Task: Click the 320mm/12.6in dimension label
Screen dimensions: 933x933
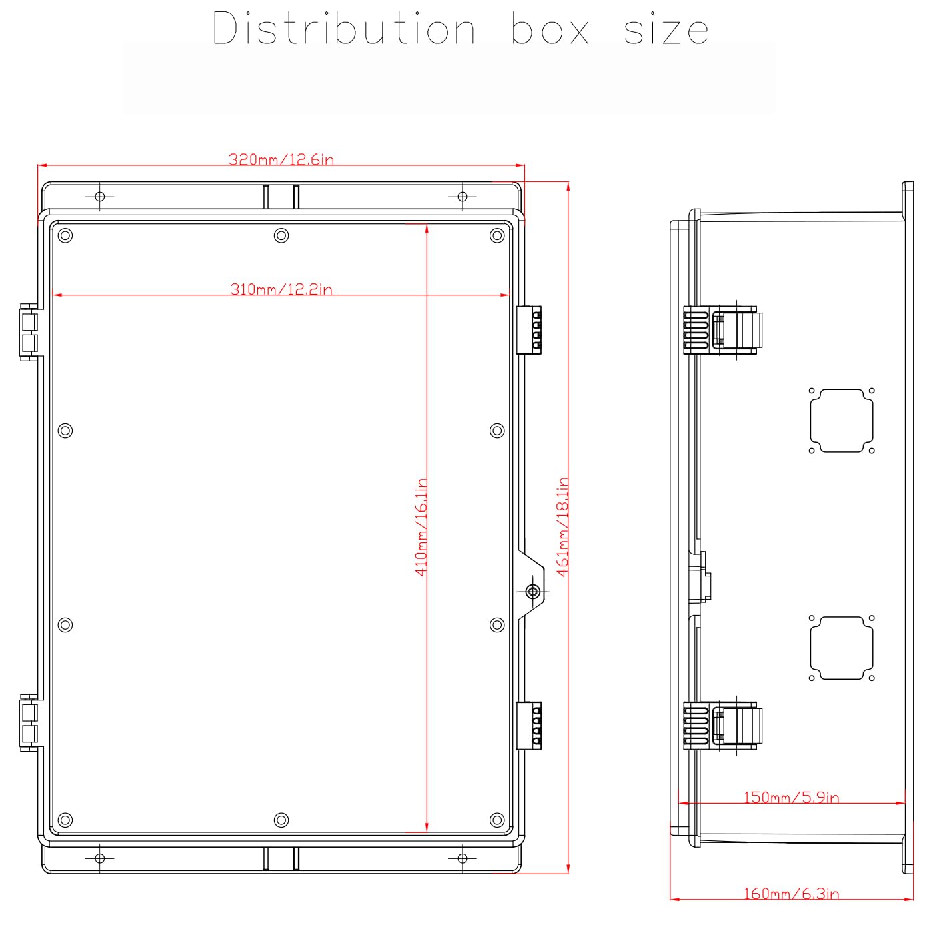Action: click(281, 159)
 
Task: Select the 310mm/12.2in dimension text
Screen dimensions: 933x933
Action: click(281, 289)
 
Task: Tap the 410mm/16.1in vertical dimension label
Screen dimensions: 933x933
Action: click(421, 527)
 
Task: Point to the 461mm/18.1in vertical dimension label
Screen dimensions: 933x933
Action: click(563, 527)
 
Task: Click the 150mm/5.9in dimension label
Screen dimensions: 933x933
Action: click(791, 797)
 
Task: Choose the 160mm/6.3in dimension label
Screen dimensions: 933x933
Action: click(791, 894)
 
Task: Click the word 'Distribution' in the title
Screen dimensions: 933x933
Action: click(344, 29)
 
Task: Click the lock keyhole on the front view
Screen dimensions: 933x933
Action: click(532, 591)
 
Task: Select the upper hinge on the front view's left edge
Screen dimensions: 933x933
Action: click(29, 332)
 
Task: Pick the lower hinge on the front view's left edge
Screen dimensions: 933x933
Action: click(29, 723)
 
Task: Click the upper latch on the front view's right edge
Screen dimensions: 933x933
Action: click(529, 330)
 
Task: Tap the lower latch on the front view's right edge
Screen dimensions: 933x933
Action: click(529, 726)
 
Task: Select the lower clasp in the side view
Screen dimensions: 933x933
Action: click(723, 725)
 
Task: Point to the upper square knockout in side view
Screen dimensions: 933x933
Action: click(842, 421)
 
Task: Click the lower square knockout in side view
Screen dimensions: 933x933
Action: click(842, 648)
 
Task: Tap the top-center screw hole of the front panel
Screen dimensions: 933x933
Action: click(281, 235)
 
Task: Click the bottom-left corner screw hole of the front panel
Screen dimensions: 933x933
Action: click(65, 820)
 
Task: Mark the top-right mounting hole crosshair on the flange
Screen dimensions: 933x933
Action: click(462, 197)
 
